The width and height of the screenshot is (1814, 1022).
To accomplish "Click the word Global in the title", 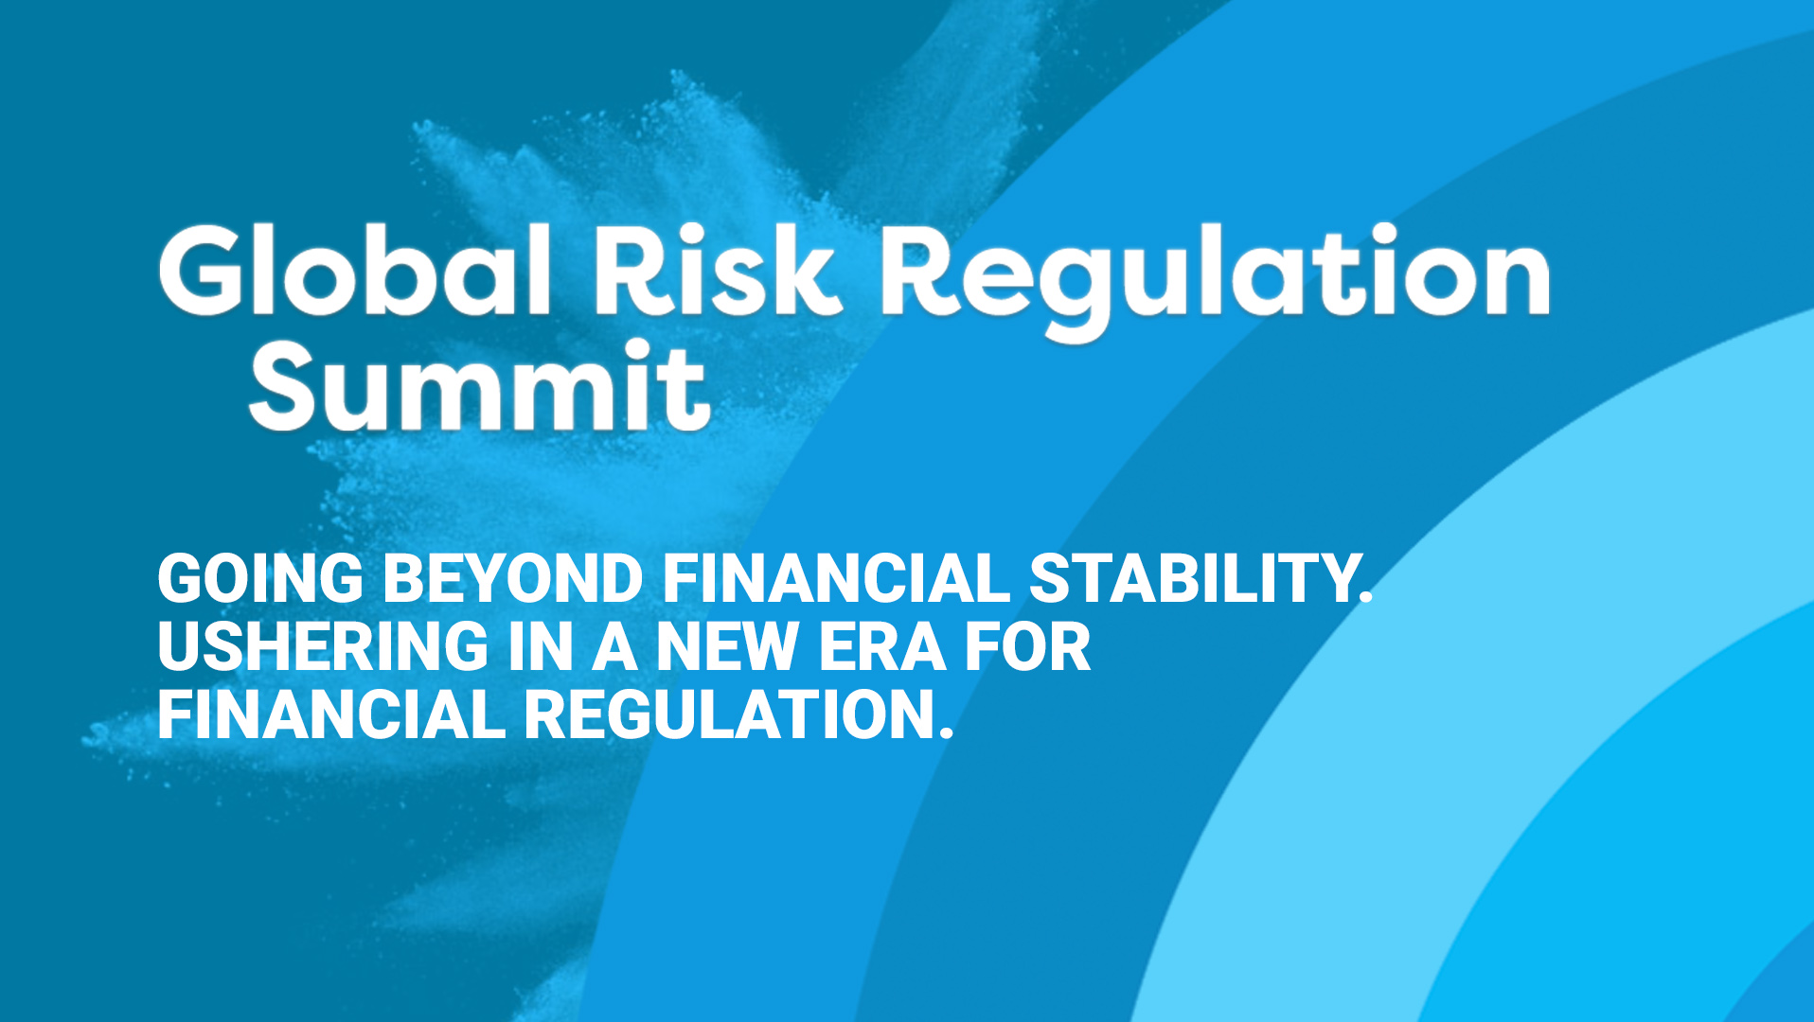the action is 355,270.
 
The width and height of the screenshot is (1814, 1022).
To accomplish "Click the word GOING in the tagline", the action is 260,578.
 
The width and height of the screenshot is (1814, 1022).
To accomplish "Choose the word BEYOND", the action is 513,578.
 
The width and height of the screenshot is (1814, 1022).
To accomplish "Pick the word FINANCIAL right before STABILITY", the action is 836,578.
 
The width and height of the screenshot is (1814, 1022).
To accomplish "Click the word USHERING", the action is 323,646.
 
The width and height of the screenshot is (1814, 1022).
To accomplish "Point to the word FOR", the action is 1027,646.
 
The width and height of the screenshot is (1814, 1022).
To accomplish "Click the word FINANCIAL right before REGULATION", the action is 331,714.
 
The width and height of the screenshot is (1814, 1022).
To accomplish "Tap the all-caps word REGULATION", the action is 727,714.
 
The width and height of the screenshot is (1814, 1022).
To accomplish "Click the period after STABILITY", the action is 1365,597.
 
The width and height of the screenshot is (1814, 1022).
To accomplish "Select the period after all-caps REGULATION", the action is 944,733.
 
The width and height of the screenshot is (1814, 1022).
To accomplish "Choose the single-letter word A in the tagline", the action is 614,646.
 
